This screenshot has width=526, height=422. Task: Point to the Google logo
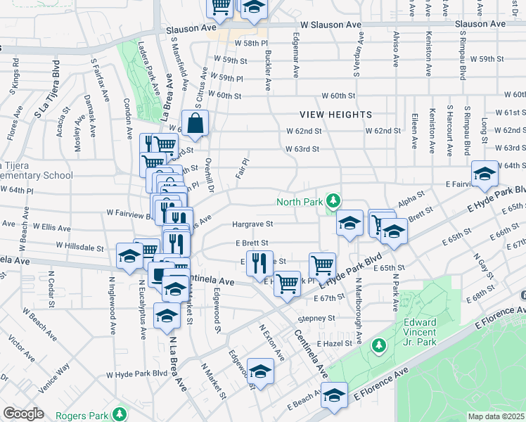point(23,414)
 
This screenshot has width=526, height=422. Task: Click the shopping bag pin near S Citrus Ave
point(195,124)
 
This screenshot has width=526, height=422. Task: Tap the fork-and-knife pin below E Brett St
point(259,263)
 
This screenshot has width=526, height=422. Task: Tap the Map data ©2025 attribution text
point(496,416)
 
